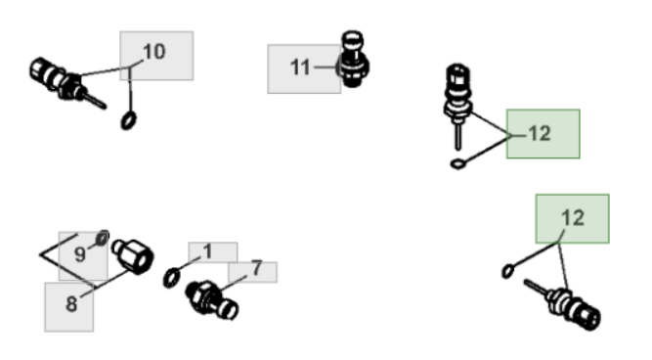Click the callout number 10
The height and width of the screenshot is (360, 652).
[x=154, y=52]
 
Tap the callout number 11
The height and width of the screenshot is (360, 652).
[x=300, y=67]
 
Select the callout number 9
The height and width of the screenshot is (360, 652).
[x=80, y=254]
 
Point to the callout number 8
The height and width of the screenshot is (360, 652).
[x=71, y=304]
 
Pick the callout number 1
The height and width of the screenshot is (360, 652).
[x=207, y=251]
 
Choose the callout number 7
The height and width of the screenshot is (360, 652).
[x=257, y=268]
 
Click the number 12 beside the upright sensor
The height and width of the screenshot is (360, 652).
[x=540, y=134]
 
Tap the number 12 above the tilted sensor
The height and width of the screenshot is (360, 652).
[x=573, y=218]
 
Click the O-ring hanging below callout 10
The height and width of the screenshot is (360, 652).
[x=128, y=120]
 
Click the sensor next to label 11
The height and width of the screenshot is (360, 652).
[x=353, y=59]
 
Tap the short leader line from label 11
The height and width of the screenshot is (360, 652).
[x=326, y=67]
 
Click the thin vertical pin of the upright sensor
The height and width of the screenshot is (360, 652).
[x=458, y=136]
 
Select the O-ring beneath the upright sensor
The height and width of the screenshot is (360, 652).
[x=457, y=164]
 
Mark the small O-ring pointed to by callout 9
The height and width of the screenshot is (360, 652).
[x=103, y=239]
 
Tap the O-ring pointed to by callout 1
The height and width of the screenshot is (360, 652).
[x=172, y=278]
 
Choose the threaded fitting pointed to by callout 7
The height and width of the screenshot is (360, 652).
[x=212, y=300]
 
